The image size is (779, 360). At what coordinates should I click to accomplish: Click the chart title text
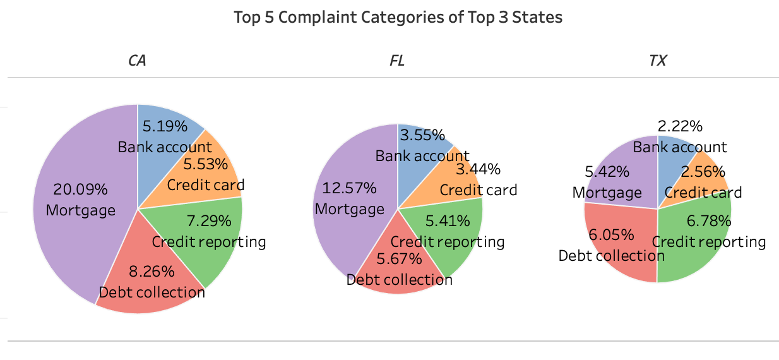(x=398, y=17)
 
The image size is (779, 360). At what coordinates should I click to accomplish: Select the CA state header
(x=138, y=61)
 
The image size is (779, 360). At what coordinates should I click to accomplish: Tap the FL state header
(x=397, y=61)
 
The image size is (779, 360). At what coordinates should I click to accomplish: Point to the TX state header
(x=658, y=61)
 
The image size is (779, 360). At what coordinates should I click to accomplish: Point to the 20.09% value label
(x=81, y=189)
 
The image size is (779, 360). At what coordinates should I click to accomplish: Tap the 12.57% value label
(x=349, y=188)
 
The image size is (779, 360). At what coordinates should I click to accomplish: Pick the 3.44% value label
(x=478, y=169)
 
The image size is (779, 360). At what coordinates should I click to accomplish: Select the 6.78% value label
(x=709, y=221)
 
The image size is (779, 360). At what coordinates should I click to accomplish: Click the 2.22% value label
(x=680, y=126)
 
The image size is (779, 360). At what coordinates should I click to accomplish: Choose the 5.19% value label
(x=165, y=126)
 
